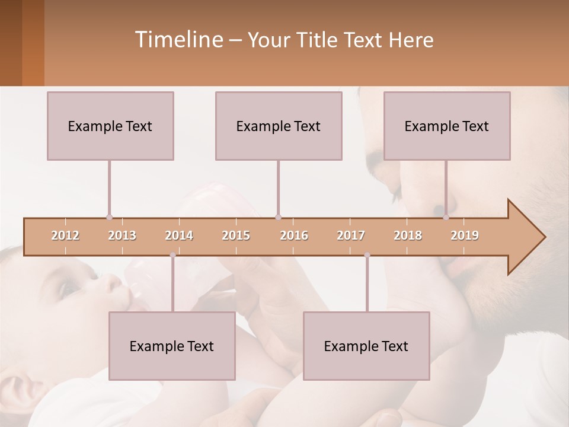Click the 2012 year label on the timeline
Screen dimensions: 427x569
point(65,235)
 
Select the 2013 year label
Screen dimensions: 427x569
point(122,235)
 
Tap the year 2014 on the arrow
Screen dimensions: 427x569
point(179,235)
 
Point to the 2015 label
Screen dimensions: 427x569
point(236,235)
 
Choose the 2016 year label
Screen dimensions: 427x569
point(294,235)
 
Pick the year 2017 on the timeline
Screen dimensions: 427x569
point(351,235)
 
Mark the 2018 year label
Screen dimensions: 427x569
point(408,235)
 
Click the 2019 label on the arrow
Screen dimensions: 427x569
point(465,235)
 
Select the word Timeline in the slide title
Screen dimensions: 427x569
point(178,40)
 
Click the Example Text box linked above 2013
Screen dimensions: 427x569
point(110,126)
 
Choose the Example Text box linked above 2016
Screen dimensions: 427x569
point(279,126)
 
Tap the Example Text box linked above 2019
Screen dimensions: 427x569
point(447,126)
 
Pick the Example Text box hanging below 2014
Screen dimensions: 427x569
point(172,346)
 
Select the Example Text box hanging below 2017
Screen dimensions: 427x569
point(366,346)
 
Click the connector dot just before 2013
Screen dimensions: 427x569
point(109,218)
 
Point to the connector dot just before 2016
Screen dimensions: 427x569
point(279,218)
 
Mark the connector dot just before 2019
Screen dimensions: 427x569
point(446,218)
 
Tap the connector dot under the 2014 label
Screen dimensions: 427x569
point(172,255)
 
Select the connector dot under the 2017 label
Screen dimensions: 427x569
point(367,255)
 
